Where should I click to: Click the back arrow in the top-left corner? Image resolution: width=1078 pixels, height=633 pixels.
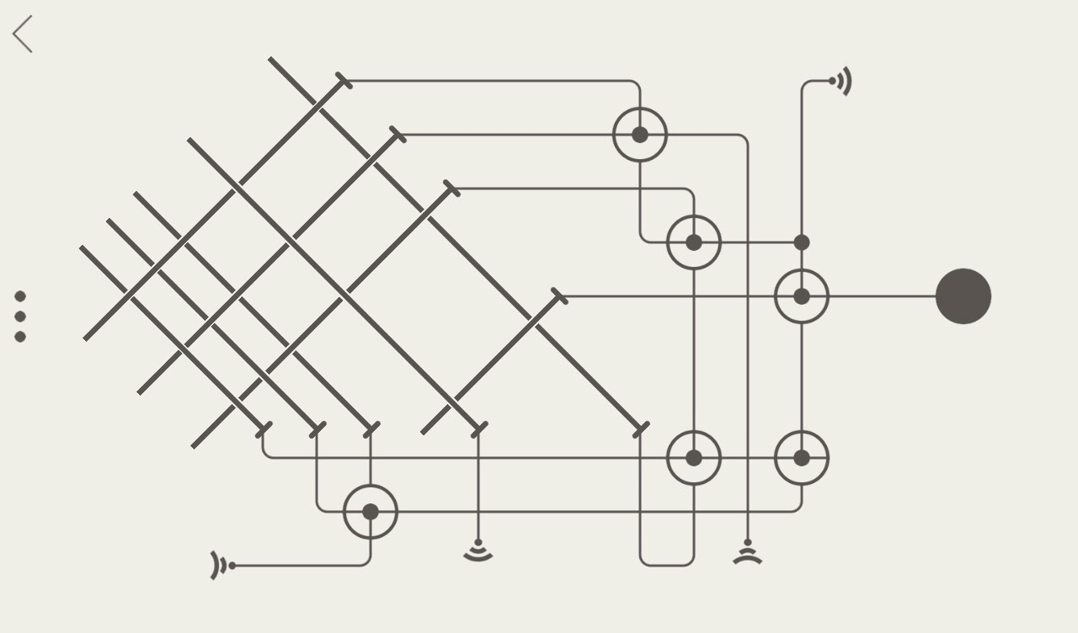click(x=23, y=35)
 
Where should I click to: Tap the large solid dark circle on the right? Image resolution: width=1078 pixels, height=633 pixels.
click(x=963, y=296)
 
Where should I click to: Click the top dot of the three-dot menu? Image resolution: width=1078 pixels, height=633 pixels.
click(x=20, y=296)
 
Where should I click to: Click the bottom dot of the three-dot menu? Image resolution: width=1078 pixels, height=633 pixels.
click(x=20, y=337)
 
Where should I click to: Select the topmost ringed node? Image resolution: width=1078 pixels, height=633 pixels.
click(x=640, y=135)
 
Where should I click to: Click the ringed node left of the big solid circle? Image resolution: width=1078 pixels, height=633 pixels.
click(x=802, y=296)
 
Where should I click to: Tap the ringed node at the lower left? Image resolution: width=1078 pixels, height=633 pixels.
click(x=371, y=512)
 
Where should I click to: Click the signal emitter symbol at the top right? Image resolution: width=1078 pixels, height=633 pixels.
click(x=841, y=82)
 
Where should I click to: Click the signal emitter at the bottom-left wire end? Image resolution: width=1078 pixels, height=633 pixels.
click(x=221, y=566)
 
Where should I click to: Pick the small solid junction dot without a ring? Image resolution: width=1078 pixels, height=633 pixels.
click(x=802, y=242)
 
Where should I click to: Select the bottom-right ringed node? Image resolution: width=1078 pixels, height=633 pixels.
click(x=802, y=458)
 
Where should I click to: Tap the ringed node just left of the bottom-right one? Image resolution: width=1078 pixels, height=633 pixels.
click(x=694, y=458)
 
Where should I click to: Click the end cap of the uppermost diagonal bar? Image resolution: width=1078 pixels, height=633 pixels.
click(x=344, y=81)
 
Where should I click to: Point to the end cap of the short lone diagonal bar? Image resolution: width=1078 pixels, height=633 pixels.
click(x=559, y=296)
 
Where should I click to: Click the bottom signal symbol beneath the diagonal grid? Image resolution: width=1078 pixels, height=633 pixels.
click(x=478, y=551)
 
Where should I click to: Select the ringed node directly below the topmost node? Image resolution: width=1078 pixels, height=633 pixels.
click(x=694, y=242)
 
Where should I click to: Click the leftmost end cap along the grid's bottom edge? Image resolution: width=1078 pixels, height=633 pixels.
click(x=264, y=430)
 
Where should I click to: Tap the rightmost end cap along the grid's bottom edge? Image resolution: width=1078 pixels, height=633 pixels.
click(x=641, y=430)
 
